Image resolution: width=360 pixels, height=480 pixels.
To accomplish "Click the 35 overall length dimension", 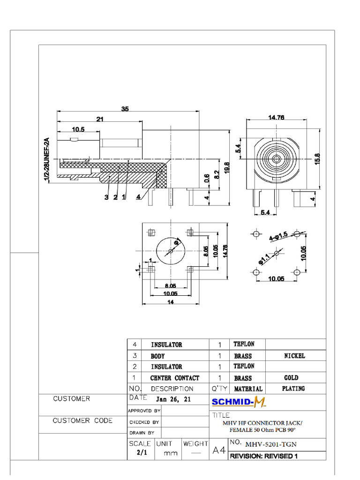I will pos(125,109).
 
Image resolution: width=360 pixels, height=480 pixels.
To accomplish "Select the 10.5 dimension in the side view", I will pos(78,129).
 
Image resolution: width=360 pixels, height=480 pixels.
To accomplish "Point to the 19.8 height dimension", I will pos(227,167).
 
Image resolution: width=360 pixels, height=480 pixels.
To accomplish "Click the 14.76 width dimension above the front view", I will pos(277,118).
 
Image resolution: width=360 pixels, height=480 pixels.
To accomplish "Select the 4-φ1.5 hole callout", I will pos(278,235).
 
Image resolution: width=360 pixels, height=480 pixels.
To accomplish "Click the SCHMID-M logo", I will pos(239,401).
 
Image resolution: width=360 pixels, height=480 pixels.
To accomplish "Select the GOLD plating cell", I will pos(291,377).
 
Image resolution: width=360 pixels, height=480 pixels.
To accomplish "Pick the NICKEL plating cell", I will pos(294,356).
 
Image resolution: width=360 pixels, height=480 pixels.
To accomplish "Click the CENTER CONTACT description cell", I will pos(174,378).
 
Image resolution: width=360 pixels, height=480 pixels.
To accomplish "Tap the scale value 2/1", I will pos(140,453).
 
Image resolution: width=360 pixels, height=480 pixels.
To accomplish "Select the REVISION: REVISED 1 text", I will pos(263,456).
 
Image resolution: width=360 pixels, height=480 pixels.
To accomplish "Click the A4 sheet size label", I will pos(219,450).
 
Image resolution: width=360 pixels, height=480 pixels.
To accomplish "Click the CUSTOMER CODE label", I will pos(82,420).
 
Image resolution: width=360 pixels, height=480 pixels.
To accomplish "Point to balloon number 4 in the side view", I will pos(138,197).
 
